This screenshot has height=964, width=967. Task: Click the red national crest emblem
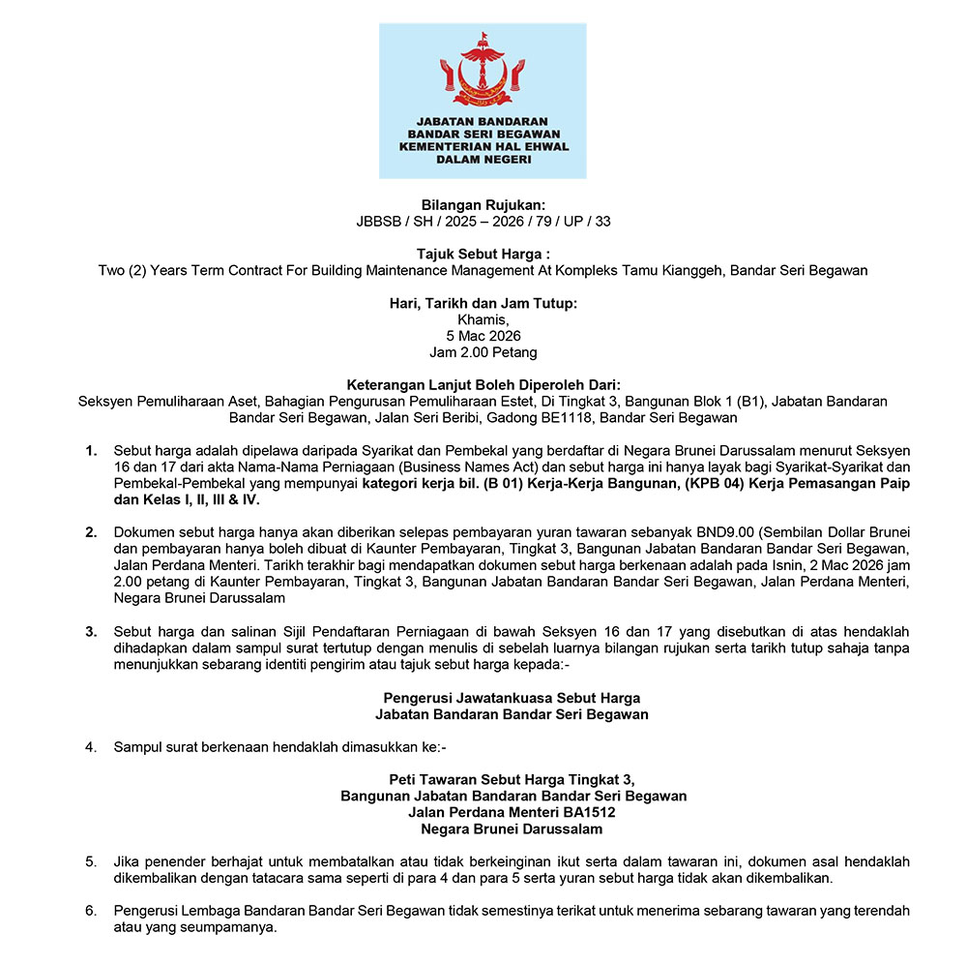(x=483, y=69)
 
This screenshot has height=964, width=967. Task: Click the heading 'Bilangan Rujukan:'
(x=483, y=204)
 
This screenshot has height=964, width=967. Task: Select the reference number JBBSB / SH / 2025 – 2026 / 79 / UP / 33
(x=483, y=221)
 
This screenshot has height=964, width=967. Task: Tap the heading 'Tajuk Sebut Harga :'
(x=483, y=254)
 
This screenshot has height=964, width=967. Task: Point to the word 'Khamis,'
(x=483, y=319)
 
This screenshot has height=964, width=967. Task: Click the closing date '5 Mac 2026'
(x=483, y=336)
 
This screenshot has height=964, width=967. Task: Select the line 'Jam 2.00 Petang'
(x=483, y=352)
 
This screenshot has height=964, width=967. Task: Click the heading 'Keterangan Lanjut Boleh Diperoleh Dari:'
(x=483, y=385)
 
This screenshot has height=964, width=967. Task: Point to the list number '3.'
(x=92, y=632)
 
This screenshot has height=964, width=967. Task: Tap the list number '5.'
(x=92, y=861)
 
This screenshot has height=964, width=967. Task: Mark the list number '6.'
(x=92, y=912)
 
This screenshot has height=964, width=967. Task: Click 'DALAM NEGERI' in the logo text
(x=483, y=159)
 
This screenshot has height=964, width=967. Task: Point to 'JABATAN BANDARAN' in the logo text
(x=483, y=121)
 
